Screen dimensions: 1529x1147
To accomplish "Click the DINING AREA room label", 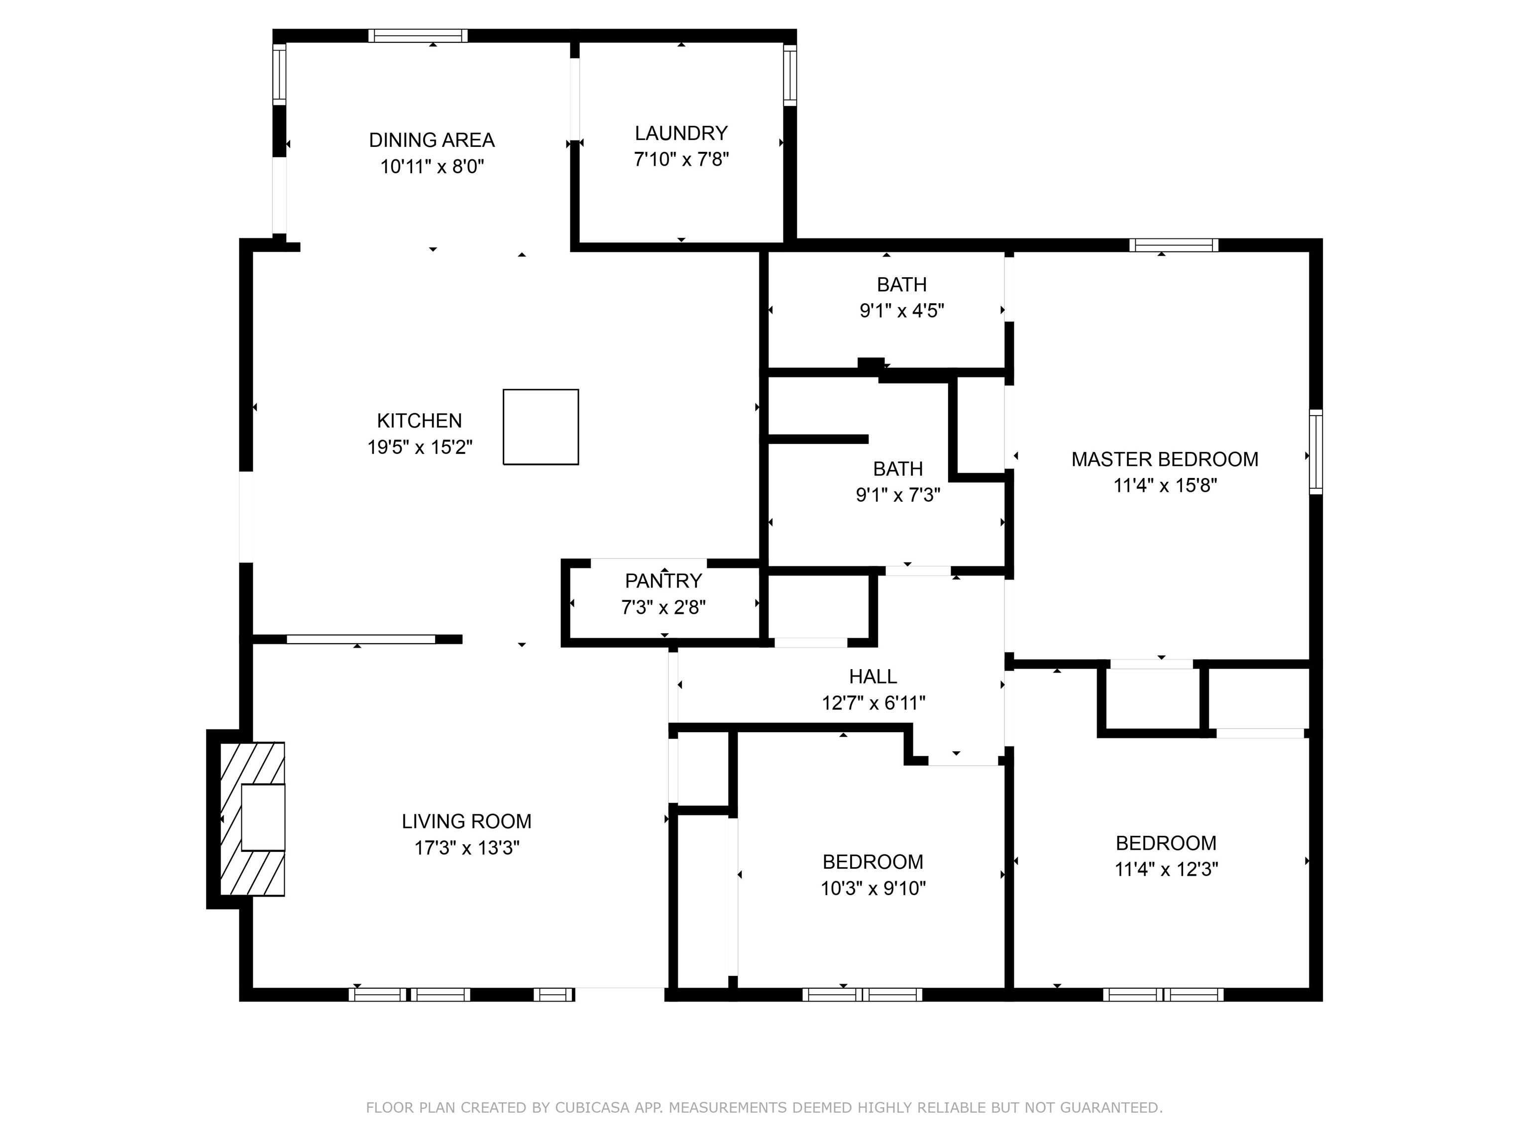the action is click(x=432, y=140).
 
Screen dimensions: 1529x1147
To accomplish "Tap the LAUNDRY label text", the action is click(x=681, y=133).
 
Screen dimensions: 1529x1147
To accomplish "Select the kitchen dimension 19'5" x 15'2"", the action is click(x=420, y=448).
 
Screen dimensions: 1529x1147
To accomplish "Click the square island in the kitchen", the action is click(x=541, y=427).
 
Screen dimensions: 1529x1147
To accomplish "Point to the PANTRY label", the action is click(x=663, y=581).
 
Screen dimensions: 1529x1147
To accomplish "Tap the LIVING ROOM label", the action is click(x=466, y=821).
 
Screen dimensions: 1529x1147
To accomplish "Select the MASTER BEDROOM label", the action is click(x=1165, y=459).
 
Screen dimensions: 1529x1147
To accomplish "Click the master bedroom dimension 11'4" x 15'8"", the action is click(x=1165, y=485).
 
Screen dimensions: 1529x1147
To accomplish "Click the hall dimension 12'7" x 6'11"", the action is click(x=873, y=703).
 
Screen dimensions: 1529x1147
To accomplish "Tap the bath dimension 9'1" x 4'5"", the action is click(x=901, y=311).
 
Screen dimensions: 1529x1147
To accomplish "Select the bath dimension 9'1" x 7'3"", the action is click(x=898, y=495).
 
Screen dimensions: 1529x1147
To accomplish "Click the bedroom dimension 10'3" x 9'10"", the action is click(x=873, y=889).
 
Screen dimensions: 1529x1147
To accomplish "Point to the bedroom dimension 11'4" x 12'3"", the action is click(x=1166, y=869).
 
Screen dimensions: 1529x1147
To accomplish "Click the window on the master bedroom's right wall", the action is click(x=1316, y=452).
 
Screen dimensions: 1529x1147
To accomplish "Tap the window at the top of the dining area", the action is click(x=418, y=36).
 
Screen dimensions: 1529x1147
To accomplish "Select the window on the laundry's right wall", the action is click(x=789, y=75).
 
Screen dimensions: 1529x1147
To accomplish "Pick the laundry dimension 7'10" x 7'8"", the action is click(x=681, y=160).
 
